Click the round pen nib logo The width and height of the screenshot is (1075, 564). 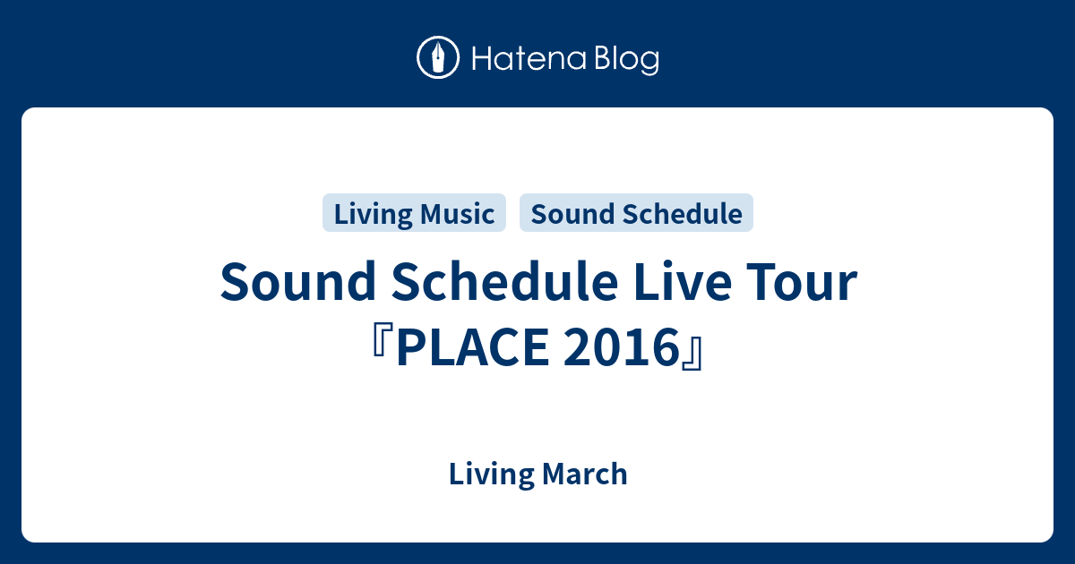point(438,57)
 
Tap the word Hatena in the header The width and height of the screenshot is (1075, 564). point(529,58)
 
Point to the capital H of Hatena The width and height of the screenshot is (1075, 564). point(482,58)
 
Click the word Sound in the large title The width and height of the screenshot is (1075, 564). point(297,281)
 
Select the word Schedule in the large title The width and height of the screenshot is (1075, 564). point(505,281)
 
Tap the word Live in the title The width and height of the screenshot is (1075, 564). point(683,281)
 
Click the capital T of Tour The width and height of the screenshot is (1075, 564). point(762,282)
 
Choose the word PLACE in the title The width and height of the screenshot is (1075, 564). point(473,347)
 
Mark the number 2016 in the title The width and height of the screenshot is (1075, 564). point(621,347)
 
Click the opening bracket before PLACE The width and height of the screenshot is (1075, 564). point(382,340)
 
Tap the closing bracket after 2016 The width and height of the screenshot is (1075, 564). point(693,354)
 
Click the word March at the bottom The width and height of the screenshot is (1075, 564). point(585,474)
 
